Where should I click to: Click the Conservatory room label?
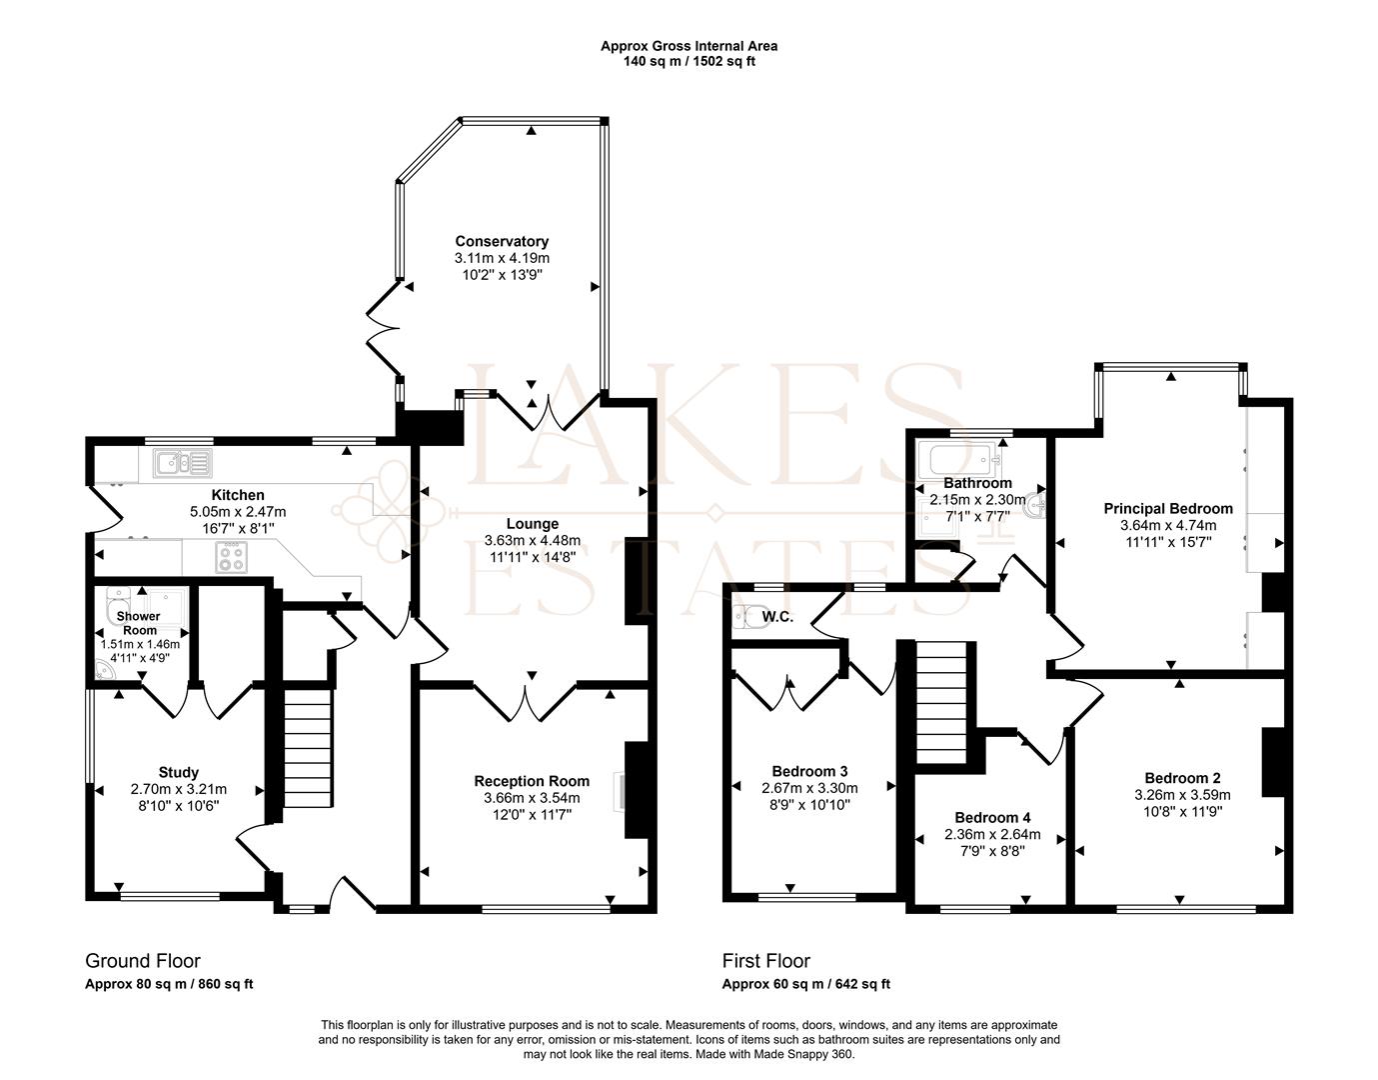pos(502,241)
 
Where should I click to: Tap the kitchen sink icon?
pos(182,463)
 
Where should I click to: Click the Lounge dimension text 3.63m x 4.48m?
pos(532,540)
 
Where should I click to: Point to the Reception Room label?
pos(532,781)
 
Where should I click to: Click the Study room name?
pos(178,772)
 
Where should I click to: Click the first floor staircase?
pos(943,704)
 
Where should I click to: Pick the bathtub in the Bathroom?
pos(960,460)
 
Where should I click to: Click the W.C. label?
pos(777,617)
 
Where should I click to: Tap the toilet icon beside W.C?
pos(745,617)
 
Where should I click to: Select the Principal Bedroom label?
pos(1167,508)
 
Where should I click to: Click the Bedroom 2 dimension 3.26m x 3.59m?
pos(1182,795)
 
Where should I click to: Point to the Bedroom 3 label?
pos(809,771)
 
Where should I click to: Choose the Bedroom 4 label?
pos(991,817)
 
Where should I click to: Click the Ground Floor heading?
pos(143,961)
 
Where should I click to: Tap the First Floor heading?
pos(765,961)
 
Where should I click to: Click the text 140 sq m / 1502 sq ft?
pos(689,61)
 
